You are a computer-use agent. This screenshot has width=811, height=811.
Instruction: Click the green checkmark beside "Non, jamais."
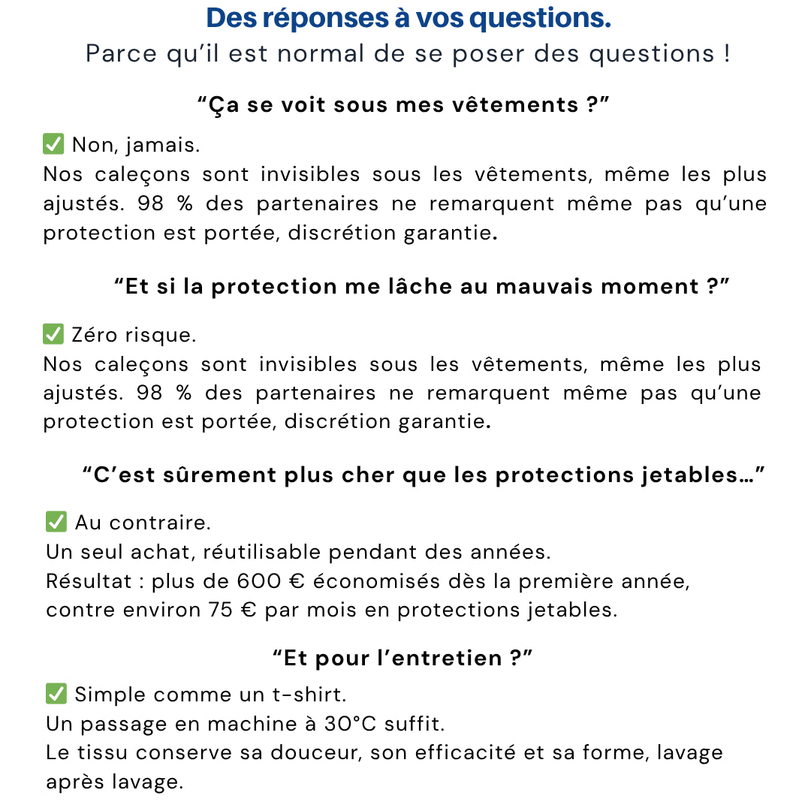[x=53, y=144]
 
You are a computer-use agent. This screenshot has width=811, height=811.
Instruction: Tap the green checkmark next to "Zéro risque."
[x=53, y=334]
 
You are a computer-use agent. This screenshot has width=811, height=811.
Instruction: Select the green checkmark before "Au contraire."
[x=56, y=522]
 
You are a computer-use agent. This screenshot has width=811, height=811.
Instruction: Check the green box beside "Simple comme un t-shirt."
[x=56, y=694]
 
